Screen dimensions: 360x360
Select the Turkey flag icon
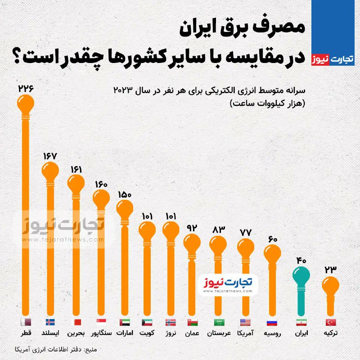pyautogui.click(x=331, y=322)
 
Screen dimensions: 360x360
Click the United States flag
pyautogui.click(x=245, y=322)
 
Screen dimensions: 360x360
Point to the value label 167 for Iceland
pyautogui.click(x=50, y=156)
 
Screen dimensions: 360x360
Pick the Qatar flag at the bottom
pyautogui.click(x=26, y=322)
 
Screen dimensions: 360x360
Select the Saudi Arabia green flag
pyautogui.click(x=218, y=322)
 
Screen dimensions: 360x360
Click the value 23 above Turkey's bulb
pyautogui.click(x=331, y=270)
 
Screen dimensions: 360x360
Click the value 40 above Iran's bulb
pyautogui.click(x=301, y=260)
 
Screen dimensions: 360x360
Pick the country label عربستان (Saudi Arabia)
pyautogui.click(x=219, y=333)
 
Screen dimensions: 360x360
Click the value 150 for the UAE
pyautogui.click(x=125, y=195)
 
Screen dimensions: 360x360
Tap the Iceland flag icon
pyautogui.click(x=50, y=322)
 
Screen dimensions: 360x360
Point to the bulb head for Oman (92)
pyautogui.click(x=193, y=243)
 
